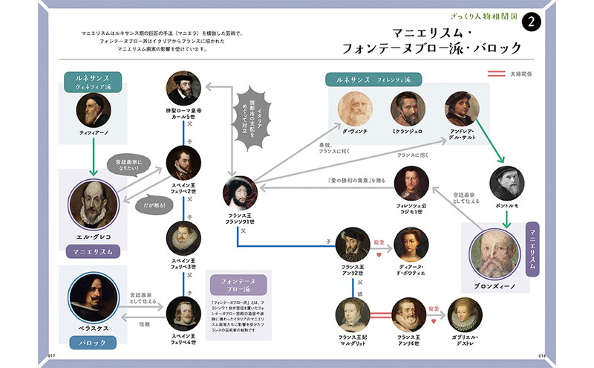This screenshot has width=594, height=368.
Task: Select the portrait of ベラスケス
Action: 92,297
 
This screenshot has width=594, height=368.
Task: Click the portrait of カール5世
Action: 183,88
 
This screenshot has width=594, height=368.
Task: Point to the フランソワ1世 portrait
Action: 240,193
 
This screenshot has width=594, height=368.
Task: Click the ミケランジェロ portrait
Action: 408,109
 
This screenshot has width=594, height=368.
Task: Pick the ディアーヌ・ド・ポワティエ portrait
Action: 411,244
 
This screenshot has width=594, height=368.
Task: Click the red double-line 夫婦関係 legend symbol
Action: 495,74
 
